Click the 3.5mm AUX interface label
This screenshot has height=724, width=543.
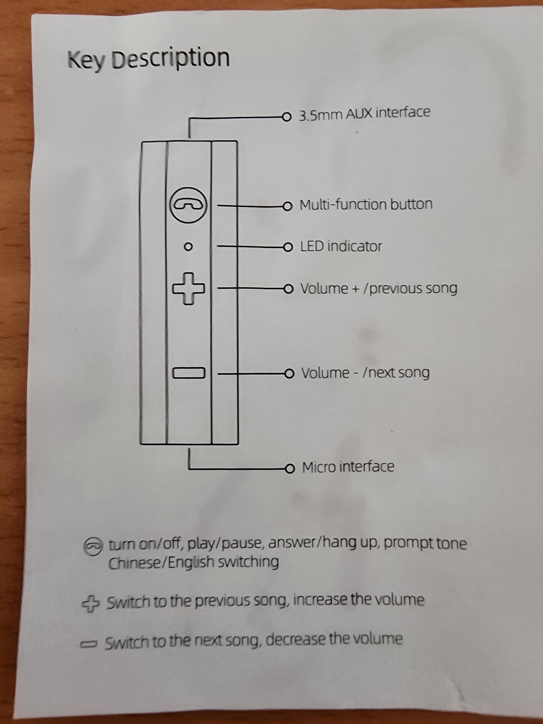point(364,113)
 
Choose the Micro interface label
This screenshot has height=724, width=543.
point(348,467)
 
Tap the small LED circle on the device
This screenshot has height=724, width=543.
point(188,247)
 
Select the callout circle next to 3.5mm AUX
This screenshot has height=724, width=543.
point(287,117)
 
